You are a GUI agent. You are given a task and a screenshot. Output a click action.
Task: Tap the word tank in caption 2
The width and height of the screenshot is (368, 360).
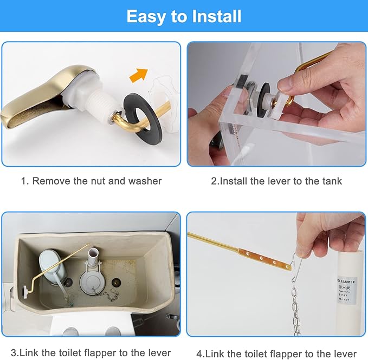(331, 181)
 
